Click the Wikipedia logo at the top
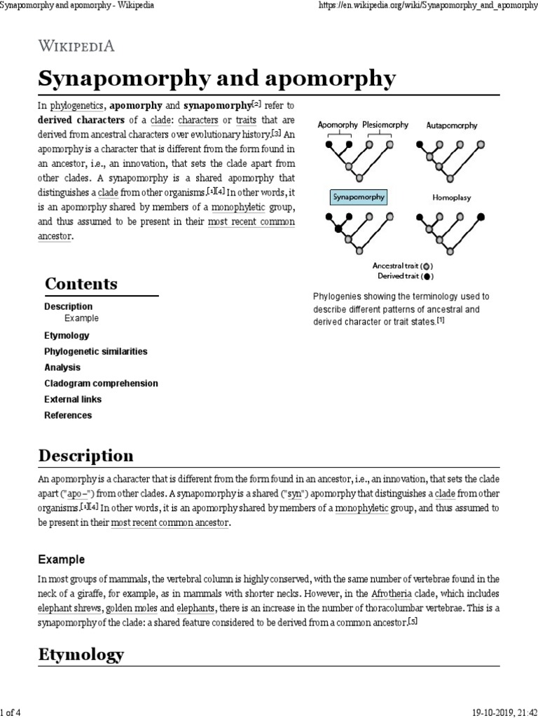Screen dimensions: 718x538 76,46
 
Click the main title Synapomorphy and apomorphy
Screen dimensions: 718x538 216,79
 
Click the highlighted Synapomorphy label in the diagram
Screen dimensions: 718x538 358,197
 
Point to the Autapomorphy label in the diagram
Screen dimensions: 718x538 452,126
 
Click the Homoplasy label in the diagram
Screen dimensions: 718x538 452,198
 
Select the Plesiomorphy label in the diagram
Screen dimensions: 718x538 385,125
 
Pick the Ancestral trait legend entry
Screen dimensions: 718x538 403,266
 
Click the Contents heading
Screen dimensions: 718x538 81,284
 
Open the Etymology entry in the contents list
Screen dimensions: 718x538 67,335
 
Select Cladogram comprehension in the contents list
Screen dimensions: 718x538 101,384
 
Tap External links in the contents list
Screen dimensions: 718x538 73,399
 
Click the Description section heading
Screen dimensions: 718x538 85,455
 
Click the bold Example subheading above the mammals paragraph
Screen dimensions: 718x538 61,560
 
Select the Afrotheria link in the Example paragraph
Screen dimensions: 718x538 393,594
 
